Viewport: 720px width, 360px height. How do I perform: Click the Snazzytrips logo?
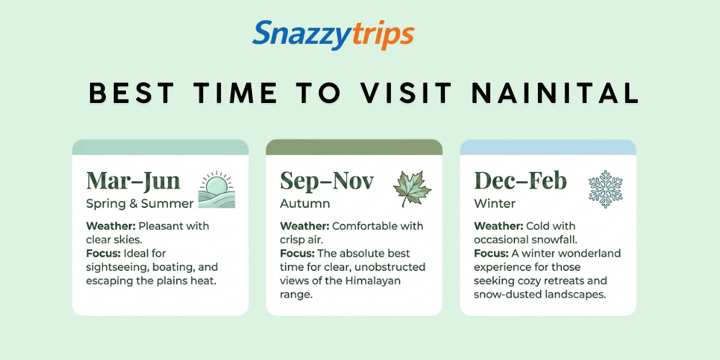coord(333,35)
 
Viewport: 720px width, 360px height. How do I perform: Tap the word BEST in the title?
coord(132,94)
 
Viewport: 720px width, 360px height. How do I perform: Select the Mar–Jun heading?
coord(133,180)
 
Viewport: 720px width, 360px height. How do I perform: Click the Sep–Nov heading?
coord(327,180)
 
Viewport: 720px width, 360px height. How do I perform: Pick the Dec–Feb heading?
coord(521,180)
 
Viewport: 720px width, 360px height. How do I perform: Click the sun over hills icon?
coord(217,190)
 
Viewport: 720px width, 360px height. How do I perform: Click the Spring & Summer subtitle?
coord(140,203)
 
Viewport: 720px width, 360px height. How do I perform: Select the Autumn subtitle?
coord(305,203)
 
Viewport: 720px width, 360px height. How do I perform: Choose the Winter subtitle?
coord(495,203)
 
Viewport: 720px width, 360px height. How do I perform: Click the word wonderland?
coord(588,253)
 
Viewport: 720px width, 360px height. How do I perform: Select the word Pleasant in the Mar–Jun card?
coord(163,226)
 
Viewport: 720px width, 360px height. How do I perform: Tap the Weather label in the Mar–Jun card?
coord(110,226)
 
